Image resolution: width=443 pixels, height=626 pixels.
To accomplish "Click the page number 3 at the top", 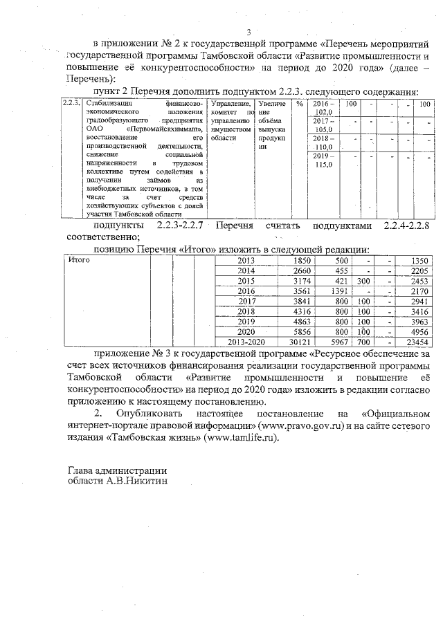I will [247, 31].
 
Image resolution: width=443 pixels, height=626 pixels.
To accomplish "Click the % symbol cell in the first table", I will [299, 103].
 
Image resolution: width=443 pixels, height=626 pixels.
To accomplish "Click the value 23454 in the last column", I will [417, 341].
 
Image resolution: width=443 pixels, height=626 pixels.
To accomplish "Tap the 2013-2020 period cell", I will [246, 341].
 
